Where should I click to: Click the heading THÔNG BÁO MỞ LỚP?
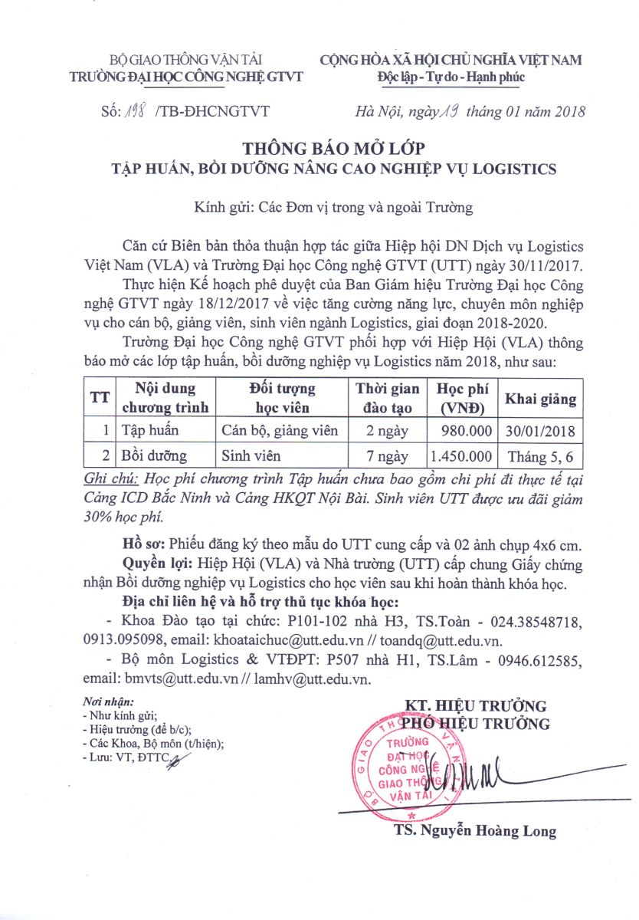[333, 146]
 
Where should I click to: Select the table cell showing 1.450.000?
[461, 456]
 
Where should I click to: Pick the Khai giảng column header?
[540, 399]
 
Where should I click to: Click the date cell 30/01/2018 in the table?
[540, 430]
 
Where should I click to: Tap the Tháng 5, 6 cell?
[540, 457]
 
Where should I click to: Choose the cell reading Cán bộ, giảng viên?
[280, 430]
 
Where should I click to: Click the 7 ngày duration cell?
[387, 456]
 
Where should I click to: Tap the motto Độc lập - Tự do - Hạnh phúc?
[451, 77]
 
